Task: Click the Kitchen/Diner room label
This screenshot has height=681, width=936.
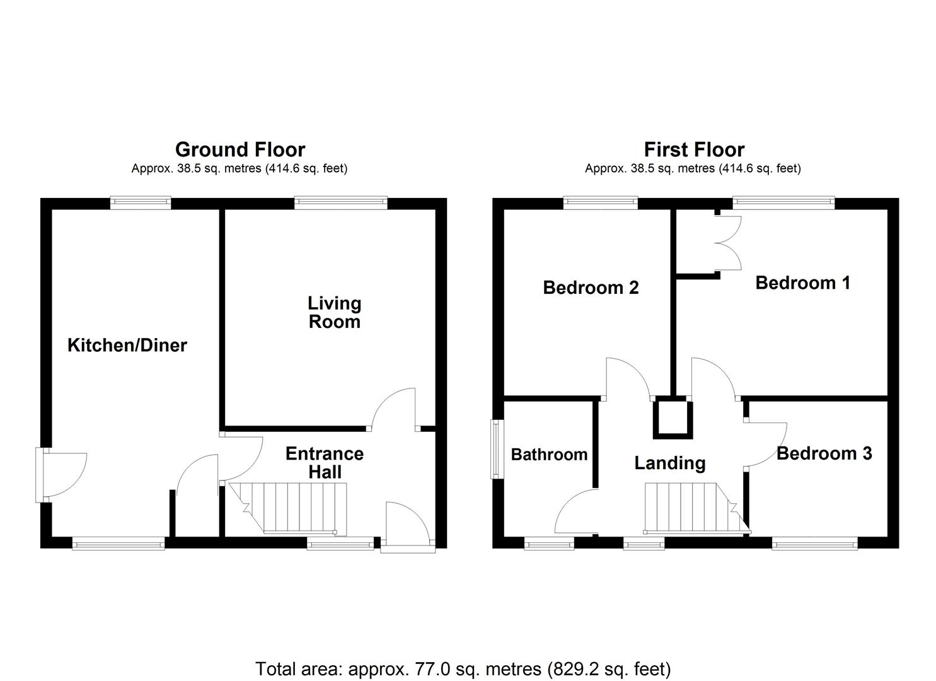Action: [127, 345]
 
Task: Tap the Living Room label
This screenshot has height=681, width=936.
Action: [334, 312]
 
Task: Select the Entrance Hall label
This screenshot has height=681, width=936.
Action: [325, 462]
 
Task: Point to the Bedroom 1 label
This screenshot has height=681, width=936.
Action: [802, 282]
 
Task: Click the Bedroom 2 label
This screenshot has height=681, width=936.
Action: [591, 288]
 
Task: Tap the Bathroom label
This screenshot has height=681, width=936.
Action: [549, 454]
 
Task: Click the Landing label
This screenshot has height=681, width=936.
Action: [669, 463]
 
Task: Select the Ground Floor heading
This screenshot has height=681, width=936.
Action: [240, 149]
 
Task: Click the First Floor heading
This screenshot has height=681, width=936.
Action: [694, 149]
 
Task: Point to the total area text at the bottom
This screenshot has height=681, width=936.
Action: [463, 668]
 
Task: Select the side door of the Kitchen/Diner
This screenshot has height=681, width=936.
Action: [62, 474]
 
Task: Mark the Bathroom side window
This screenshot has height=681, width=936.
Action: [496, 448]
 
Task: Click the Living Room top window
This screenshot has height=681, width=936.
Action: [340, 202]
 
